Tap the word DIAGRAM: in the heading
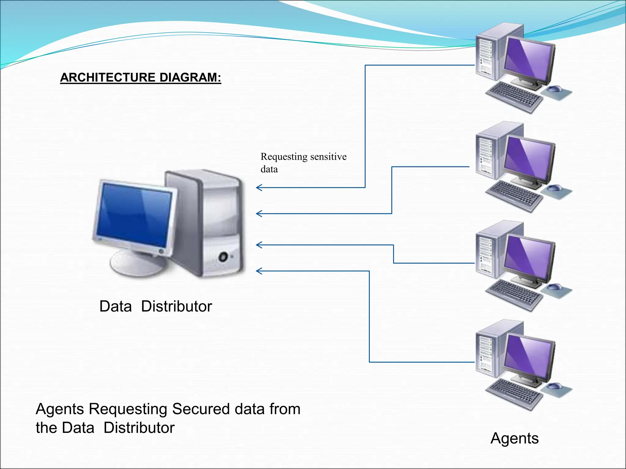190,78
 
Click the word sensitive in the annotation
328,157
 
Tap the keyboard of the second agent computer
514,195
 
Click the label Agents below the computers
514,438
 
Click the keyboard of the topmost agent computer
514,96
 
